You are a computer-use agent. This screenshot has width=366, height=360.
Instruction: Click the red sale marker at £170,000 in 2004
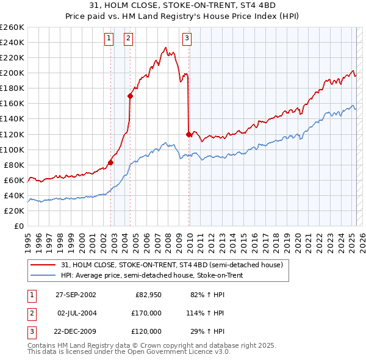pos(130,96)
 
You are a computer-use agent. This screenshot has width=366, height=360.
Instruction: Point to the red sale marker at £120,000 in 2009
pos(188,134)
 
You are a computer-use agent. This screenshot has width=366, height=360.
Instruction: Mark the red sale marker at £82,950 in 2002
pos(111,162)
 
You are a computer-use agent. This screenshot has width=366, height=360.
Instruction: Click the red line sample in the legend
pos(43,265)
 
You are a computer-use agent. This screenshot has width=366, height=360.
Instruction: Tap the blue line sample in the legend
pos(43,275)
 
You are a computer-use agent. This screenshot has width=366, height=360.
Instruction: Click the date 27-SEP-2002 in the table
pos(76,295)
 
